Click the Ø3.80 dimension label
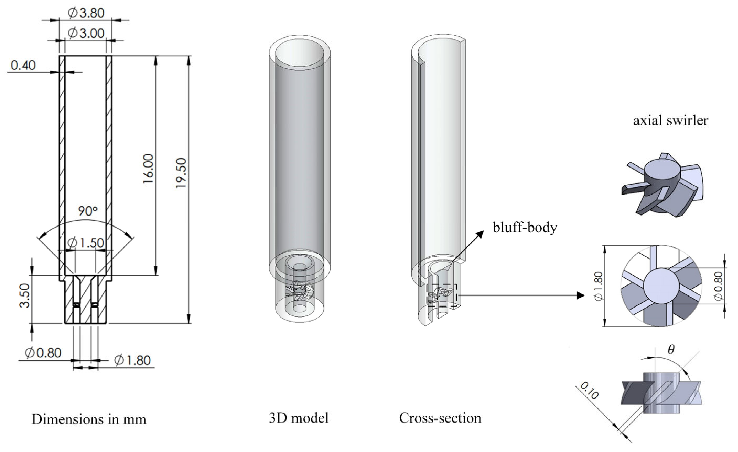click(x=86, y=13)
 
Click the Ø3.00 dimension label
click(x=86, y=33)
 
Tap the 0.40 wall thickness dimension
click(x=23, y=65)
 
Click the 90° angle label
click(x=88, y=211)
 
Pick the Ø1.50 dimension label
click(x=86, y=243)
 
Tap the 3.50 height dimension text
click(x=25, y=296)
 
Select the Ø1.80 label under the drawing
click(x=132, y=360)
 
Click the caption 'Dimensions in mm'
click(x=89, y=419)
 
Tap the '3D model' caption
click(x=299, y=418)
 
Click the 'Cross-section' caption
click(x=440, y=418)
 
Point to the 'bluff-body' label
click(x=525, y=228)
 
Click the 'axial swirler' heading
click(x=671, y=120)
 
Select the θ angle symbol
click(x=671, y=349)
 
